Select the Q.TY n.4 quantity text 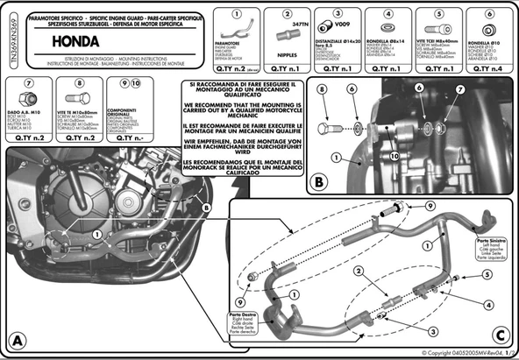pyautogui.click(x=485, y=67)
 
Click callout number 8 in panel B pyautogui.click(x=322, y=90)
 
